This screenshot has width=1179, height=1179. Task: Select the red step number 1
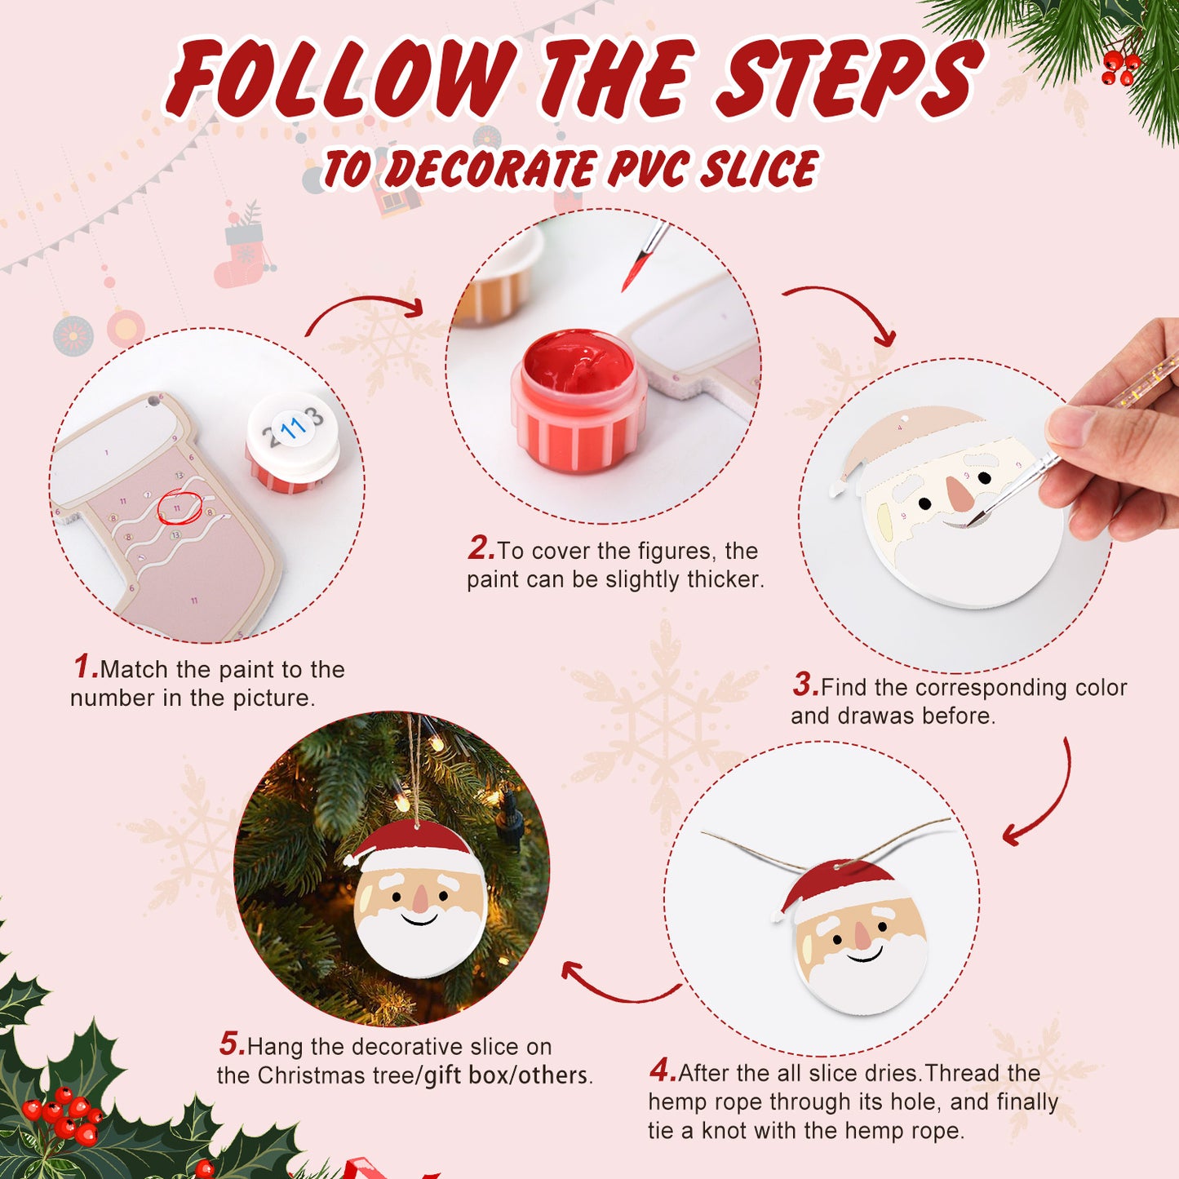[85, 667]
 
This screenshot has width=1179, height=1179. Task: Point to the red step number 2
[481, 548]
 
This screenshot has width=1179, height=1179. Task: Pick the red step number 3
[804, 685]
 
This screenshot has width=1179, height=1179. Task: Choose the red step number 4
[662, 1070]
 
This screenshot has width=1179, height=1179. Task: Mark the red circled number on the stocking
[178, 508]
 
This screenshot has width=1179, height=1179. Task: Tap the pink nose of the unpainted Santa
[960, 493]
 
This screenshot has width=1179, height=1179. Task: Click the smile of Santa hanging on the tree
[420, 919]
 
